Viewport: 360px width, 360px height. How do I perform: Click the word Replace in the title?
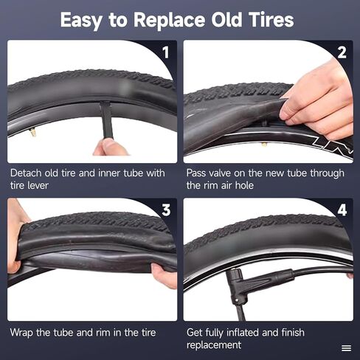[169, 20]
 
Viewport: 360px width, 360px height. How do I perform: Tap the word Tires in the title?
[271, 19]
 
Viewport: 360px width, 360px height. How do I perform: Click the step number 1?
[166, 52]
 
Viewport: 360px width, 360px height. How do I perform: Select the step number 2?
[342, 52]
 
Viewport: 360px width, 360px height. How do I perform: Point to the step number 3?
[166, 210]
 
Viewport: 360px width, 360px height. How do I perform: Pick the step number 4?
[342, 210]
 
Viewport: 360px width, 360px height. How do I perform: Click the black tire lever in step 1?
[106, 120]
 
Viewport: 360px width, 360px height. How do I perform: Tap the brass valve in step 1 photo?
[32, 133]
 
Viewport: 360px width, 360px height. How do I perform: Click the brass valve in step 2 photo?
[264, 145]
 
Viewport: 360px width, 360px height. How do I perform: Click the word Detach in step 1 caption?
[26, 173]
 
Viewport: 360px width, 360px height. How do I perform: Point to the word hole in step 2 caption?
[244, 185]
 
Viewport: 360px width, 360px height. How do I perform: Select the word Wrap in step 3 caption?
[21, 333]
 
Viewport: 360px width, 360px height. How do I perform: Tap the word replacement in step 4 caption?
[214, 345]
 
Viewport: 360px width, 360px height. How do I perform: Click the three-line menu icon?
[346, 348]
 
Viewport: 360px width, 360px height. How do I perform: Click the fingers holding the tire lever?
[111, 147]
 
